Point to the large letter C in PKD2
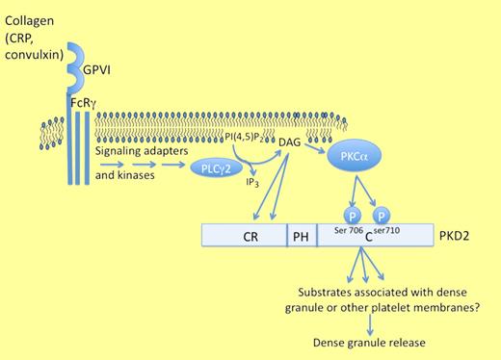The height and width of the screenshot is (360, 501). point(369,237)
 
